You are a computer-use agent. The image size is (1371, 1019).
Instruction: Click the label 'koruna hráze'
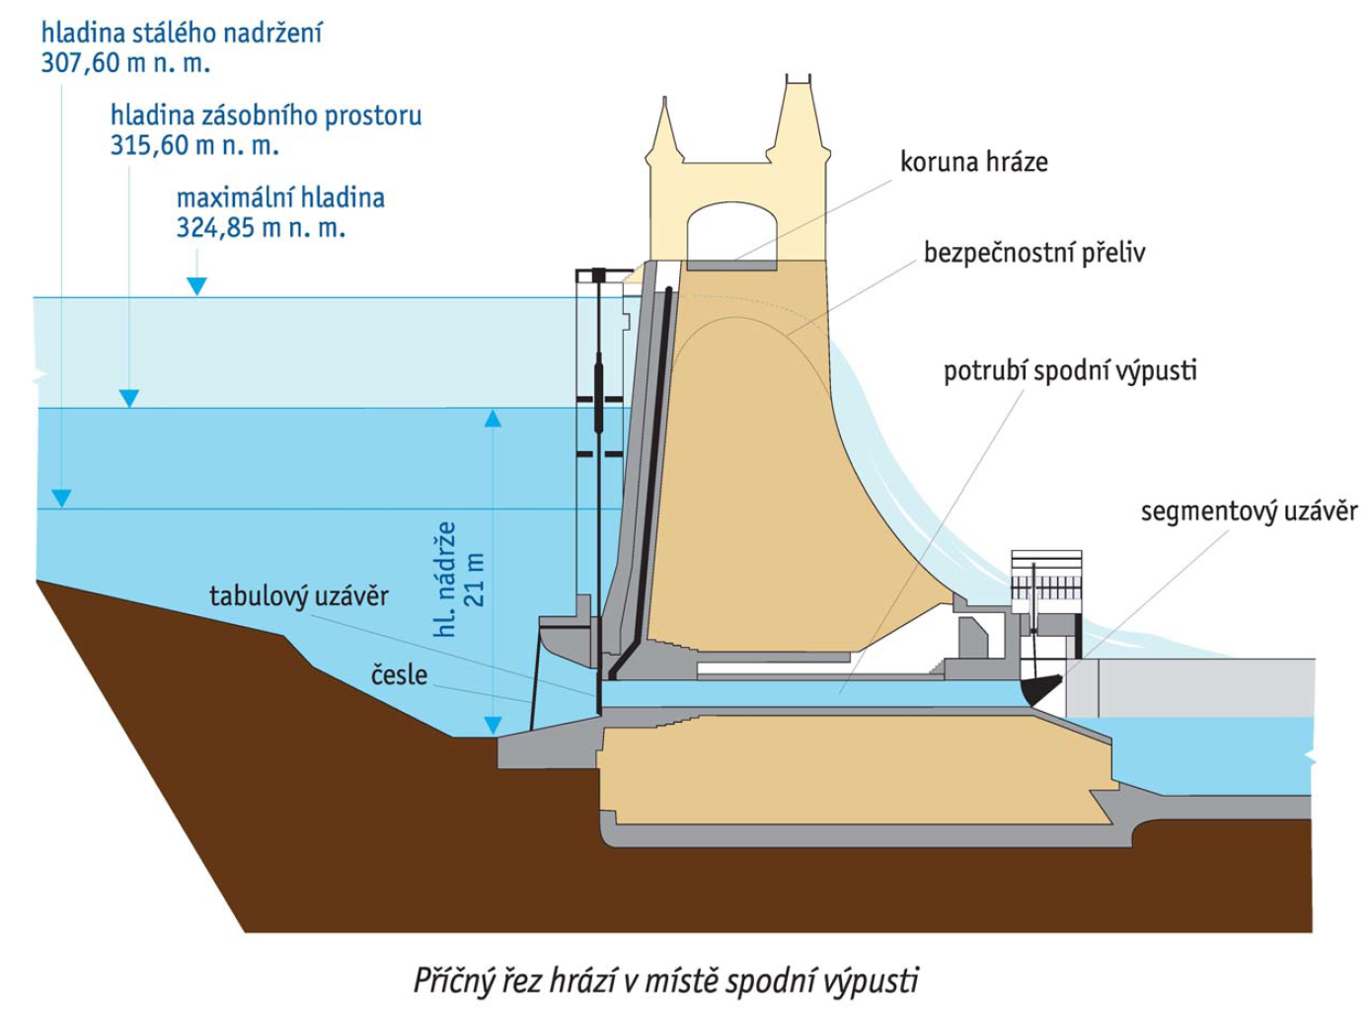pyautogui.click(x=973, y=162)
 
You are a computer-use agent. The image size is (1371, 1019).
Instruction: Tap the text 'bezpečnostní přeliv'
pyautogui.click(x=1033, y=253)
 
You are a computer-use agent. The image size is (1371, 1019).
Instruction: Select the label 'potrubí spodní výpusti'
pyautogui.click(x=1070, y=371)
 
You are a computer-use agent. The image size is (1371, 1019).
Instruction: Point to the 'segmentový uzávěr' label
pyautogui.click(x=1249, y=511)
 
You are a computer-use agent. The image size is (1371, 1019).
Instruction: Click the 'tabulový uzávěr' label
pyautogui.click(x=298, y=596)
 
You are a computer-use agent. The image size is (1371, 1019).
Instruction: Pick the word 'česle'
pyautogui.click(x=399, y=675)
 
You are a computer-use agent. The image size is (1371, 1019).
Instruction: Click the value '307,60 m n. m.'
pyautogui.click(x=125, y=64)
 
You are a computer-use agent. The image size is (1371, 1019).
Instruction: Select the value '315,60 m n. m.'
pyautogui.click(x=194, y=146)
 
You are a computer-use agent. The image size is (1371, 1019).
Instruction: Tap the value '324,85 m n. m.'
pyautogui.click(x=261, y=228)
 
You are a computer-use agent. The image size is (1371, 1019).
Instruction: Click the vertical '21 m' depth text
pyautogui.click(x=475, y=580)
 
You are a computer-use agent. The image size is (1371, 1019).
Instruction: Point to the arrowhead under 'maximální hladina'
pyautogui.click(x=196, y=286)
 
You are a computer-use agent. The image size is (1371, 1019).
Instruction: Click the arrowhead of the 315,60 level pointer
pyautogui.click(x=129, y=398)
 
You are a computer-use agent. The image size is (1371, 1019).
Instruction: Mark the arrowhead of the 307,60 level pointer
pyautogui.click(x=61, y=499)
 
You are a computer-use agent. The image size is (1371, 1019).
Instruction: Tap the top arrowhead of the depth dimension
pyautogui.click(x=493, y=419)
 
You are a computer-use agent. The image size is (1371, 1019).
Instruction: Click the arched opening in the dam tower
pyautogui.click(x=731, y=232)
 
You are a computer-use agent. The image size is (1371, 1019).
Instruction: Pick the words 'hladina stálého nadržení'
pyautogui.click(x=182, y=34)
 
